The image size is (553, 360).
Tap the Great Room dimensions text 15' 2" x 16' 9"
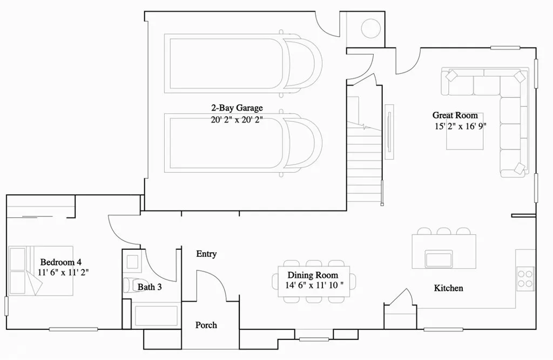455,127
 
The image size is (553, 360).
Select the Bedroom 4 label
60,262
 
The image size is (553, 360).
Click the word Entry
206,254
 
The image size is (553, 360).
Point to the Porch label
206,325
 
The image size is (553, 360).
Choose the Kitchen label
448,288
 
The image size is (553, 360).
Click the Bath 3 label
150,287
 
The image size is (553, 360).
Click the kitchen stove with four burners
525,277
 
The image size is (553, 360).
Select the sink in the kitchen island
439,259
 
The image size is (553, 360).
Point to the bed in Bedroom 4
41,271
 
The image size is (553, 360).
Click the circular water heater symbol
370,29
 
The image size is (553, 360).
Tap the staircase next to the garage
365,162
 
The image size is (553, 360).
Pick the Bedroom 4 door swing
122,229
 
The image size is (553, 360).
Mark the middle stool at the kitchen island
444,232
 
